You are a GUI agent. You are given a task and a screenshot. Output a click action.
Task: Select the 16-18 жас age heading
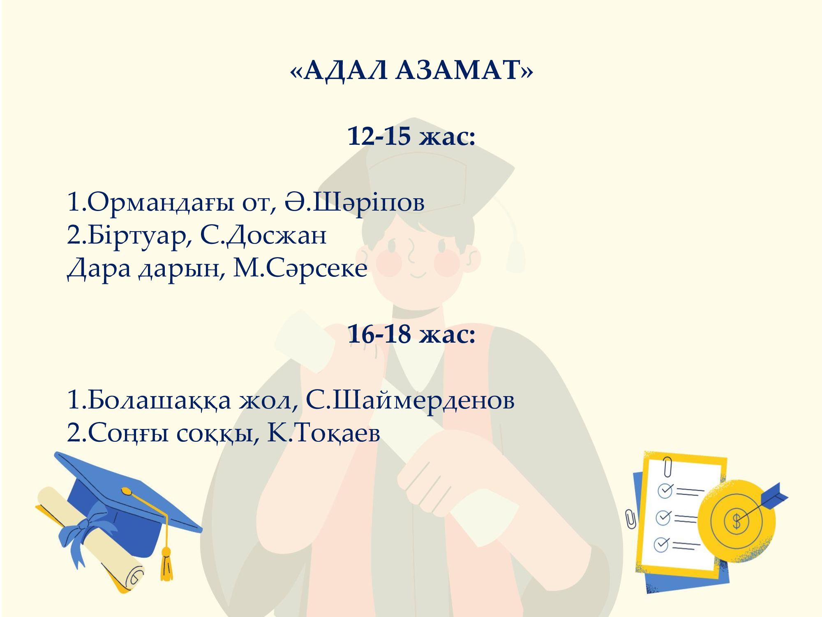(411, 334)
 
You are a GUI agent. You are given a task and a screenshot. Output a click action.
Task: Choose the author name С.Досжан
(263, 236)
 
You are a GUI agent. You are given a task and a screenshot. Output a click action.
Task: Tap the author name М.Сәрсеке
(300, 268)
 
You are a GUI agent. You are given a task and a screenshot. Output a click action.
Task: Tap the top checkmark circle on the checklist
(665, 490)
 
